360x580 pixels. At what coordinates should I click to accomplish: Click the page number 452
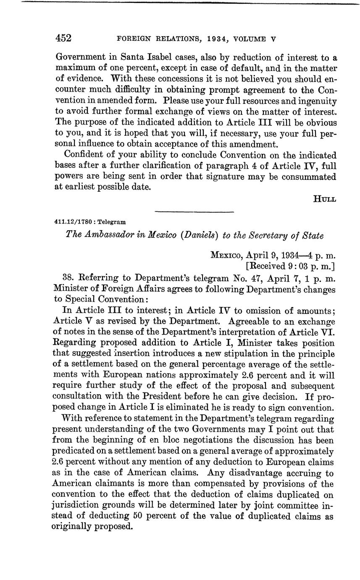click(x=64, y=39)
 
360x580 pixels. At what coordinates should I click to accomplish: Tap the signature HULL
click(x=325, y=199)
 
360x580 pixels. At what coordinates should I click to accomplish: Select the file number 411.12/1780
click(x=70, y=222)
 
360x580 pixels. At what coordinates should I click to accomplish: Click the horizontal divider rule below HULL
click(x=194, y=211)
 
